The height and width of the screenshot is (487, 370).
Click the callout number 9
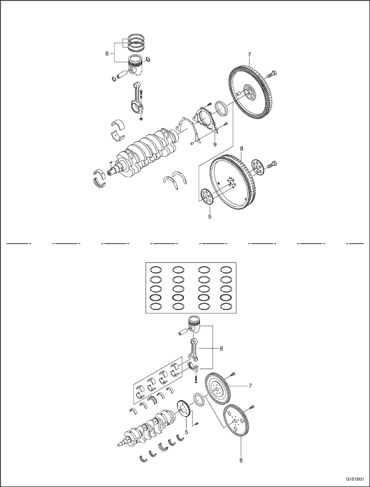[215, 144]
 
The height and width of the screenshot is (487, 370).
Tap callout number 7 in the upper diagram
[249, 55]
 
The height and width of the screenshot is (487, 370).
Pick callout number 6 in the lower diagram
[221, 349]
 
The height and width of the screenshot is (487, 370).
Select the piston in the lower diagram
[196, 325]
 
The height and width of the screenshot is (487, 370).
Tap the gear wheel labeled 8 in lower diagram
[236, 421]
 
